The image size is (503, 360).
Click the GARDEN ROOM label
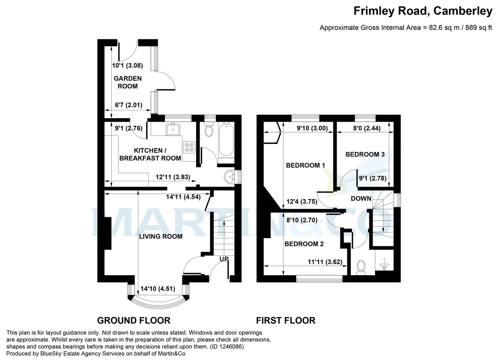[x=127, y=82]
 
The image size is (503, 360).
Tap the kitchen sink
[x=173, y=129]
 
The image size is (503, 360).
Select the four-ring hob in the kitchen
[x=189, y=147]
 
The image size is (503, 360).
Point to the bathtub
[x=226, y=140]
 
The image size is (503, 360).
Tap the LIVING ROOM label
[x=161, y=237]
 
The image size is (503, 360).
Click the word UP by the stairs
[x=224, y=259]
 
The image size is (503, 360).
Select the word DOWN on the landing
[x=361, y=198]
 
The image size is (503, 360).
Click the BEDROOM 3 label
[x=365, y=154]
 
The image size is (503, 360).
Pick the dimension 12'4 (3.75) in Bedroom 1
[x=302, y=201]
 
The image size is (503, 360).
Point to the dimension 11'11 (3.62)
[x=325, y=262]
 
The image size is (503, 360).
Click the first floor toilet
[x=361, y=267]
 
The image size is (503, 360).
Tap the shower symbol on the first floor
[x=385, y=264]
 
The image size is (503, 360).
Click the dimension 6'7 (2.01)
[x=128, y=105]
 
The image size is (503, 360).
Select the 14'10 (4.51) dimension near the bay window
[x=158, y=289]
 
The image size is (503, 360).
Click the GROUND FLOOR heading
[x=134, y=321]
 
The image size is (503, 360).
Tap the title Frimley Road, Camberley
[x=423, y=11]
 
